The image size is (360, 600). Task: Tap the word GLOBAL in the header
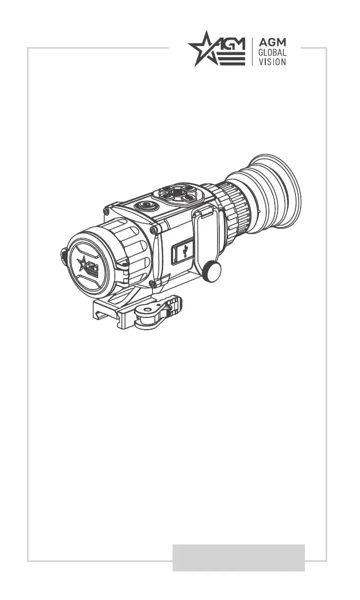pyautogui.click(x=272, y=53)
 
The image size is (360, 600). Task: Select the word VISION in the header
pyautogui.click(x=272, y=62)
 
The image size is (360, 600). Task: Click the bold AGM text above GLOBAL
pyautogui.click(x=272, y=42)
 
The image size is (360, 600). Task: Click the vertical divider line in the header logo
pyautogui.click(x=252, y=52)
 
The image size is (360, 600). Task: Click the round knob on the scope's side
pyautogui.click(x=211, y=271)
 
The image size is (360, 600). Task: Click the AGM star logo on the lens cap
pyautogui.click(x=88, y=266)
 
